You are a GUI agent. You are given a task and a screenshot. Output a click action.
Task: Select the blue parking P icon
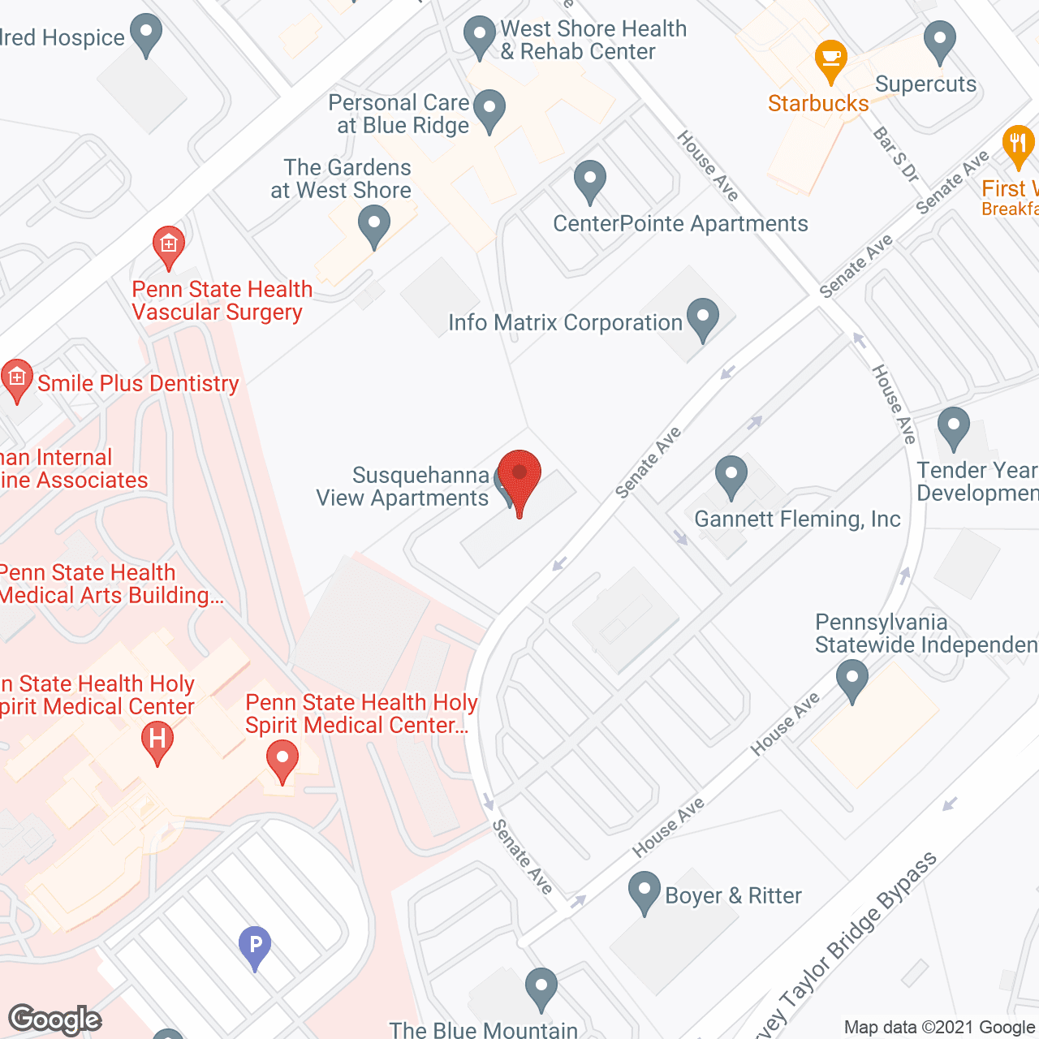coord(255,946)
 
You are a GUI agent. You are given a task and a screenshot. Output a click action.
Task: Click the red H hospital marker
coord(157,741)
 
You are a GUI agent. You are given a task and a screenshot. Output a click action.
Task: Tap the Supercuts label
coord(925,84)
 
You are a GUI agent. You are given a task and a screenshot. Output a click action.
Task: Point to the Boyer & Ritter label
coord(733,895)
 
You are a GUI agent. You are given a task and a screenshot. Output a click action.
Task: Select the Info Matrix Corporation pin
coord(703,317)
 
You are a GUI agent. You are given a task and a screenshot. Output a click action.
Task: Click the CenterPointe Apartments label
coord(680,223)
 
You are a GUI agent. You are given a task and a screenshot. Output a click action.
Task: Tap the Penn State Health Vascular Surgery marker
coord(169,245)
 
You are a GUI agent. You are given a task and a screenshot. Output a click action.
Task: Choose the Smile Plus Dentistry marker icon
coord(16,379)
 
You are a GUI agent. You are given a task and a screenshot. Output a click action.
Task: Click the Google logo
coord(54,1020)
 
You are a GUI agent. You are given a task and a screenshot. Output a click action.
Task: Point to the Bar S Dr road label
coord(895,154)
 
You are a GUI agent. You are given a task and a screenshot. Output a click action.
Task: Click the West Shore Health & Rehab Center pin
coord(479,37)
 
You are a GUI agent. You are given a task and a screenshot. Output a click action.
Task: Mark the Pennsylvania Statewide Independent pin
coord(852,679)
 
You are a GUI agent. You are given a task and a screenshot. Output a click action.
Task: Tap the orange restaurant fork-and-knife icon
coord(1018,146)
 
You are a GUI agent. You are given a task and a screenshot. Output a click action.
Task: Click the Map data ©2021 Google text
coord(940,1027)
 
